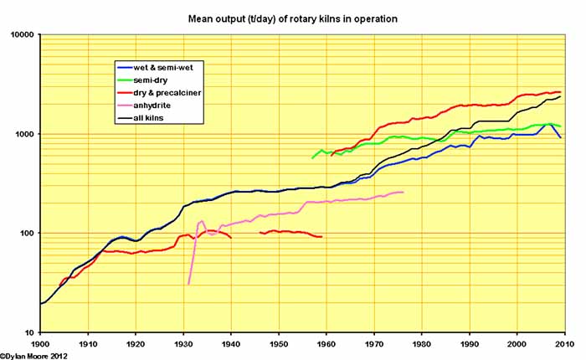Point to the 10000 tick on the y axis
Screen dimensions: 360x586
click(x=22, y=35)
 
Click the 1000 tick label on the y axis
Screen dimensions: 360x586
click(x=24, y=134)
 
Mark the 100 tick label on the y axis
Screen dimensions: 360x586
click(x=27, y=234)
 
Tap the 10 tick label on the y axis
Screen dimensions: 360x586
click(x=29, y=332)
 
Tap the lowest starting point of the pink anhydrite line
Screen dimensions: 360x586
click(x=188, y=284)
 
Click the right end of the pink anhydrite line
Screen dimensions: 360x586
click(x=403, y=193)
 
